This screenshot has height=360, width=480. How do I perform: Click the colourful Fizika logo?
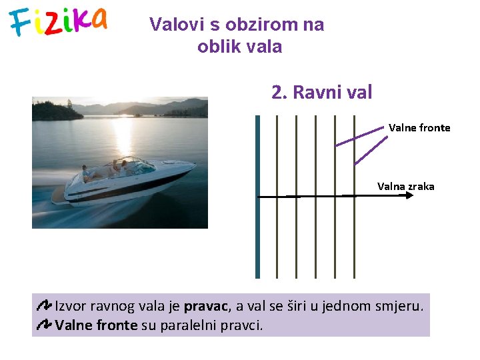click(59, 21)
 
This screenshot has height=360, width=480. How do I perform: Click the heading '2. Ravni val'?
click(321, 92)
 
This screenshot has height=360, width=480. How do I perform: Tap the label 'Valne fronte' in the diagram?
click(419, 127)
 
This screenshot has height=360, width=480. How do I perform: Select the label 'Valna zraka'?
click(405, 187)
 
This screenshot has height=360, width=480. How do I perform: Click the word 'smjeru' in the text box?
click(397, 307)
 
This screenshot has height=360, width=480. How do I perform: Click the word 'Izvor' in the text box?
click(69, 307)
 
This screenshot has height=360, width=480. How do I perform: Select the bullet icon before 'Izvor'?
click(44, 307)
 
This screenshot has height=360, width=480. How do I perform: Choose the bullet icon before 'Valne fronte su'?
click(44, 325)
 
